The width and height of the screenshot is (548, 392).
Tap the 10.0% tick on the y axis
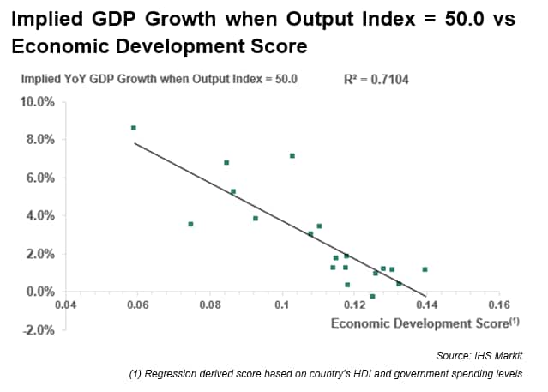pyautogui.click(x=37, y=101)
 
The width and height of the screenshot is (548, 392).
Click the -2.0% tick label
pyautogui.click(x=38, y=330)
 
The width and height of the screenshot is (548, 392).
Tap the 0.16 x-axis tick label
pyautogui.click(x=498, y=305)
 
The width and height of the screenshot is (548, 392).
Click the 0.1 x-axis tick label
pyautogui.click(x=281, y=305)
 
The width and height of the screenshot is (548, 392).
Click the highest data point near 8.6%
pyautogui.click(x=134, y=128)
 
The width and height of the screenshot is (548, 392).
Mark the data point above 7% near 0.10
pyautogui.click(x=292, y=155)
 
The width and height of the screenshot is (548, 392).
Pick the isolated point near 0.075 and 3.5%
pyautogui.click(x=190, y=224)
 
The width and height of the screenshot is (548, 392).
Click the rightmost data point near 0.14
pyautogui.click(x=425, y=269)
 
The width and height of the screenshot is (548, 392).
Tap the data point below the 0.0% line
pyautogui.click(x=372, y=296)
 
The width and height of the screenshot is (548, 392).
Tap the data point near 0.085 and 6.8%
pyautogui.click(x=226, y=162)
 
